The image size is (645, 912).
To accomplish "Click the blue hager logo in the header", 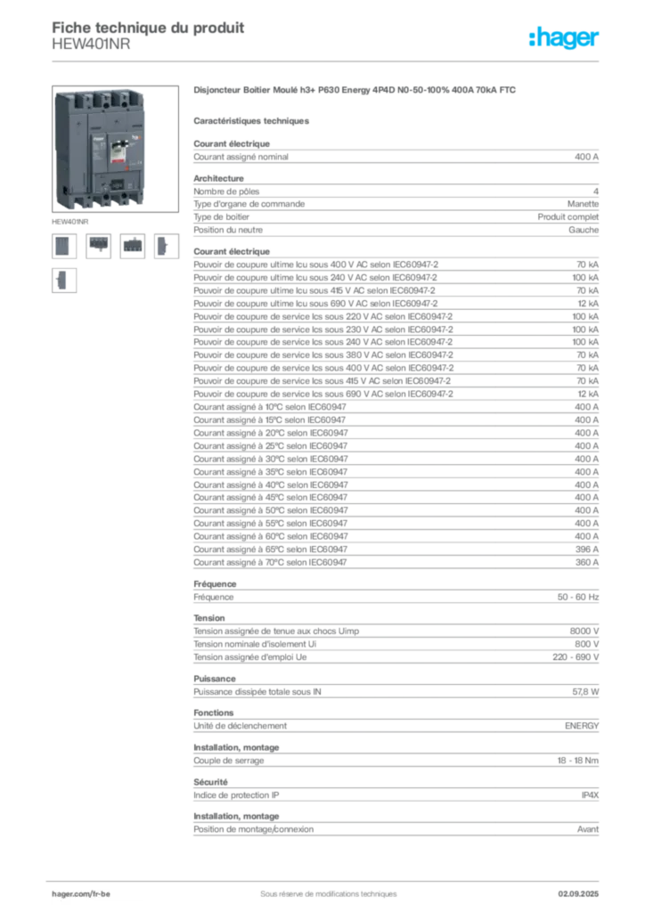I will coord(565,39).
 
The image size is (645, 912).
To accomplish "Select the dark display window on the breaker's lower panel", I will coord(116,186).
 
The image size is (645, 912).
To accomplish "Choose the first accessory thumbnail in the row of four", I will coord(62,245).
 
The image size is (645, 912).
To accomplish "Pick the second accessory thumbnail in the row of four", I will coord(98,245).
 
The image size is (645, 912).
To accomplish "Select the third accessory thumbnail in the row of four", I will coord(132,245).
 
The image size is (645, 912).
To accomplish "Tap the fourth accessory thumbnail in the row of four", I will coord(164,245).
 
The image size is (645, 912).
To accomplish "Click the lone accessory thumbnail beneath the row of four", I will coord(64,281).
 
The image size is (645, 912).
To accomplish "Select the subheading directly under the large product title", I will coord(253,119).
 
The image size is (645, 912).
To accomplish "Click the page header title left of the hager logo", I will coord(148,28).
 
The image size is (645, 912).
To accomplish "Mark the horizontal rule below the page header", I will coord(328,61).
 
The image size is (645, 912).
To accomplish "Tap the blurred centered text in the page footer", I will coord(321,888).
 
